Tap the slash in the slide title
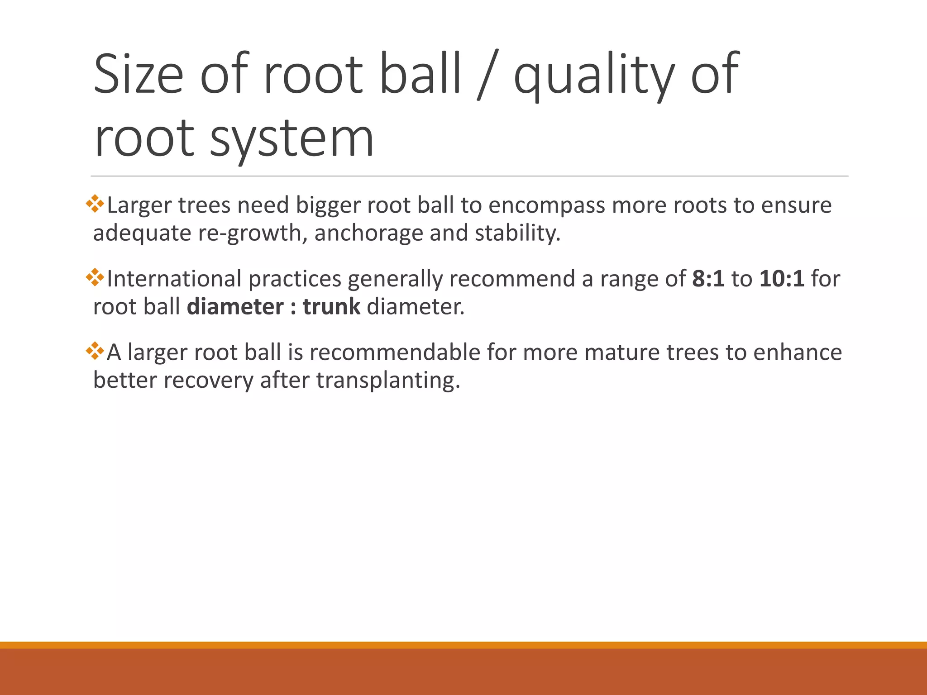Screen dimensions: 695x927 [x=487, y=75]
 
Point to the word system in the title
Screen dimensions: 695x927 [x=291, y=138]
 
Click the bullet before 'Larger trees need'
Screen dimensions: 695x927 [x=95, y=204]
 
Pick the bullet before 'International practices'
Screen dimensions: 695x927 [x=95, y=277]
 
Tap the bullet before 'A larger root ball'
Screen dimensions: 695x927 [x=95, y=351]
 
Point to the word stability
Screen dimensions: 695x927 [x=517, y=233]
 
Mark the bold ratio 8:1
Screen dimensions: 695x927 [x=708, y=279]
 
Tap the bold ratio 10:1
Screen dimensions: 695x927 [x=782, y=279]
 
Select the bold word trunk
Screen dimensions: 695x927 [x=331, y=307]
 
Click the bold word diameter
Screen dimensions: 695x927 [x=235, y=307]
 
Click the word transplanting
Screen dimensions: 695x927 [x=387, y=381]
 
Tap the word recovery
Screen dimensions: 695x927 [x=208, y=381]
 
